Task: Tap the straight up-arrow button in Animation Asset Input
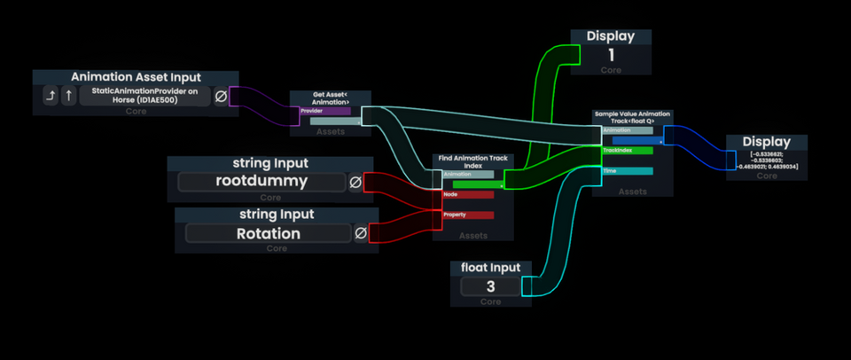click(68, 96)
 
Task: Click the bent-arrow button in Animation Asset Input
click(51, 96)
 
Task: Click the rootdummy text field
click(261, 182)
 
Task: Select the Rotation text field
click(268, 234)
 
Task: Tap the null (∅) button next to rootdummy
click(355, 182)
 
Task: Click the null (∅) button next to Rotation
click(362, 234)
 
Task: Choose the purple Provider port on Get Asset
click(325, 112)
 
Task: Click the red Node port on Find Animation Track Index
click(468, 194)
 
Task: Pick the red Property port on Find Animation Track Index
click(468, 215)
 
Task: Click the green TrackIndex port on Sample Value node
click(628, 151)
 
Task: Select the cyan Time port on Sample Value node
click(628, 170)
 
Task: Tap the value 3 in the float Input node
click(490, 287)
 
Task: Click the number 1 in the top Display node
click(611, 55)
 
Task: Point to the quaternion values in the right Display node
click(767, 160)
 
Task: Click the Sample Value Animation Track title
click(632, 117)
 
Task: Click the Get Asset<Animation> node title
click(331, 98)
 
